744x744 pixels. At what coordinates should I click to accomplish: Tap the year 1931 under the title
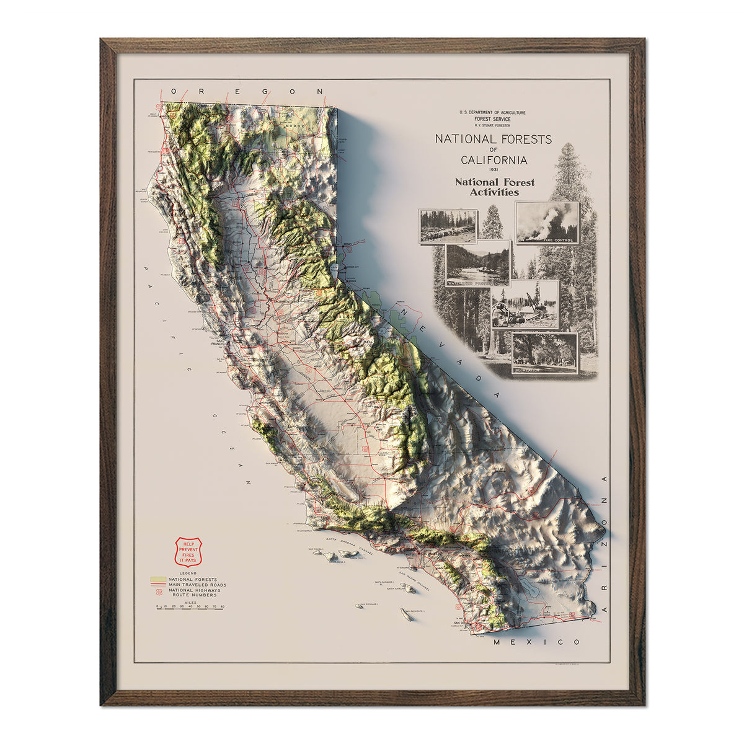tap(493, 170)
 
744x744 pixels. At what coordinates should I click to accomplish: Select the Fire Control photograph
tap(547, 223)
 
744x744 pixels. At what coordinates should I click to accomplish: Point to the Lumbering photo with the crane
tap(525, 304)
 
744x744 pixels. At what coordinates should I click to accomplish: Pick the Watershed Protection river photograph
tap(478, 263)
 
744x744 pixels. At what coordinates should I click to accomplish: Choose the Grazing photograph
tap(448, 226)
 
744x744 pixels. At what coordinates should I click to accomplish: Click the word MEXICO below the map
tap(537, 642)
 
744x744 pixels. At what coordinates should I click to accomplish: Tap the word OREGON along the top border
tap(247, 91)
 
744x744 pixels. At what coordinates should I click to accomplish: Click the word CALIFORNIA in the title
tap(494, 160)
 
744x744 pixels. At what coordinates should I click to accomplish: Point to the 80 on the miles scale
tap(222, 606)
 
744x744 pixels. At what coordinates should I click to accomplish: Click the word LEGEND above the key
tap(187, 573)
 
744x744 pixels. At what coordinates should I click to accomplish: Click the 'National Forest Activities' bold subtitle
tap(494, 187)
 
